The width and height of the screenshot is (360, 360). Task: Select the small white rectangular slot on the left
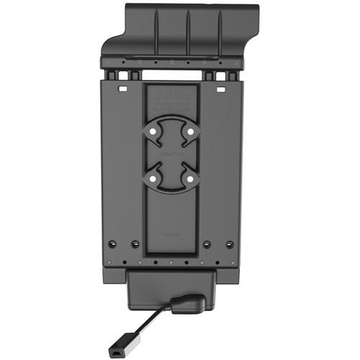[x=122, y=91]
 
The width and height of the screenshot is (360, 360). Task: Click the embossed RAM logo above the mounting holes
[x=171, y=98]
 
